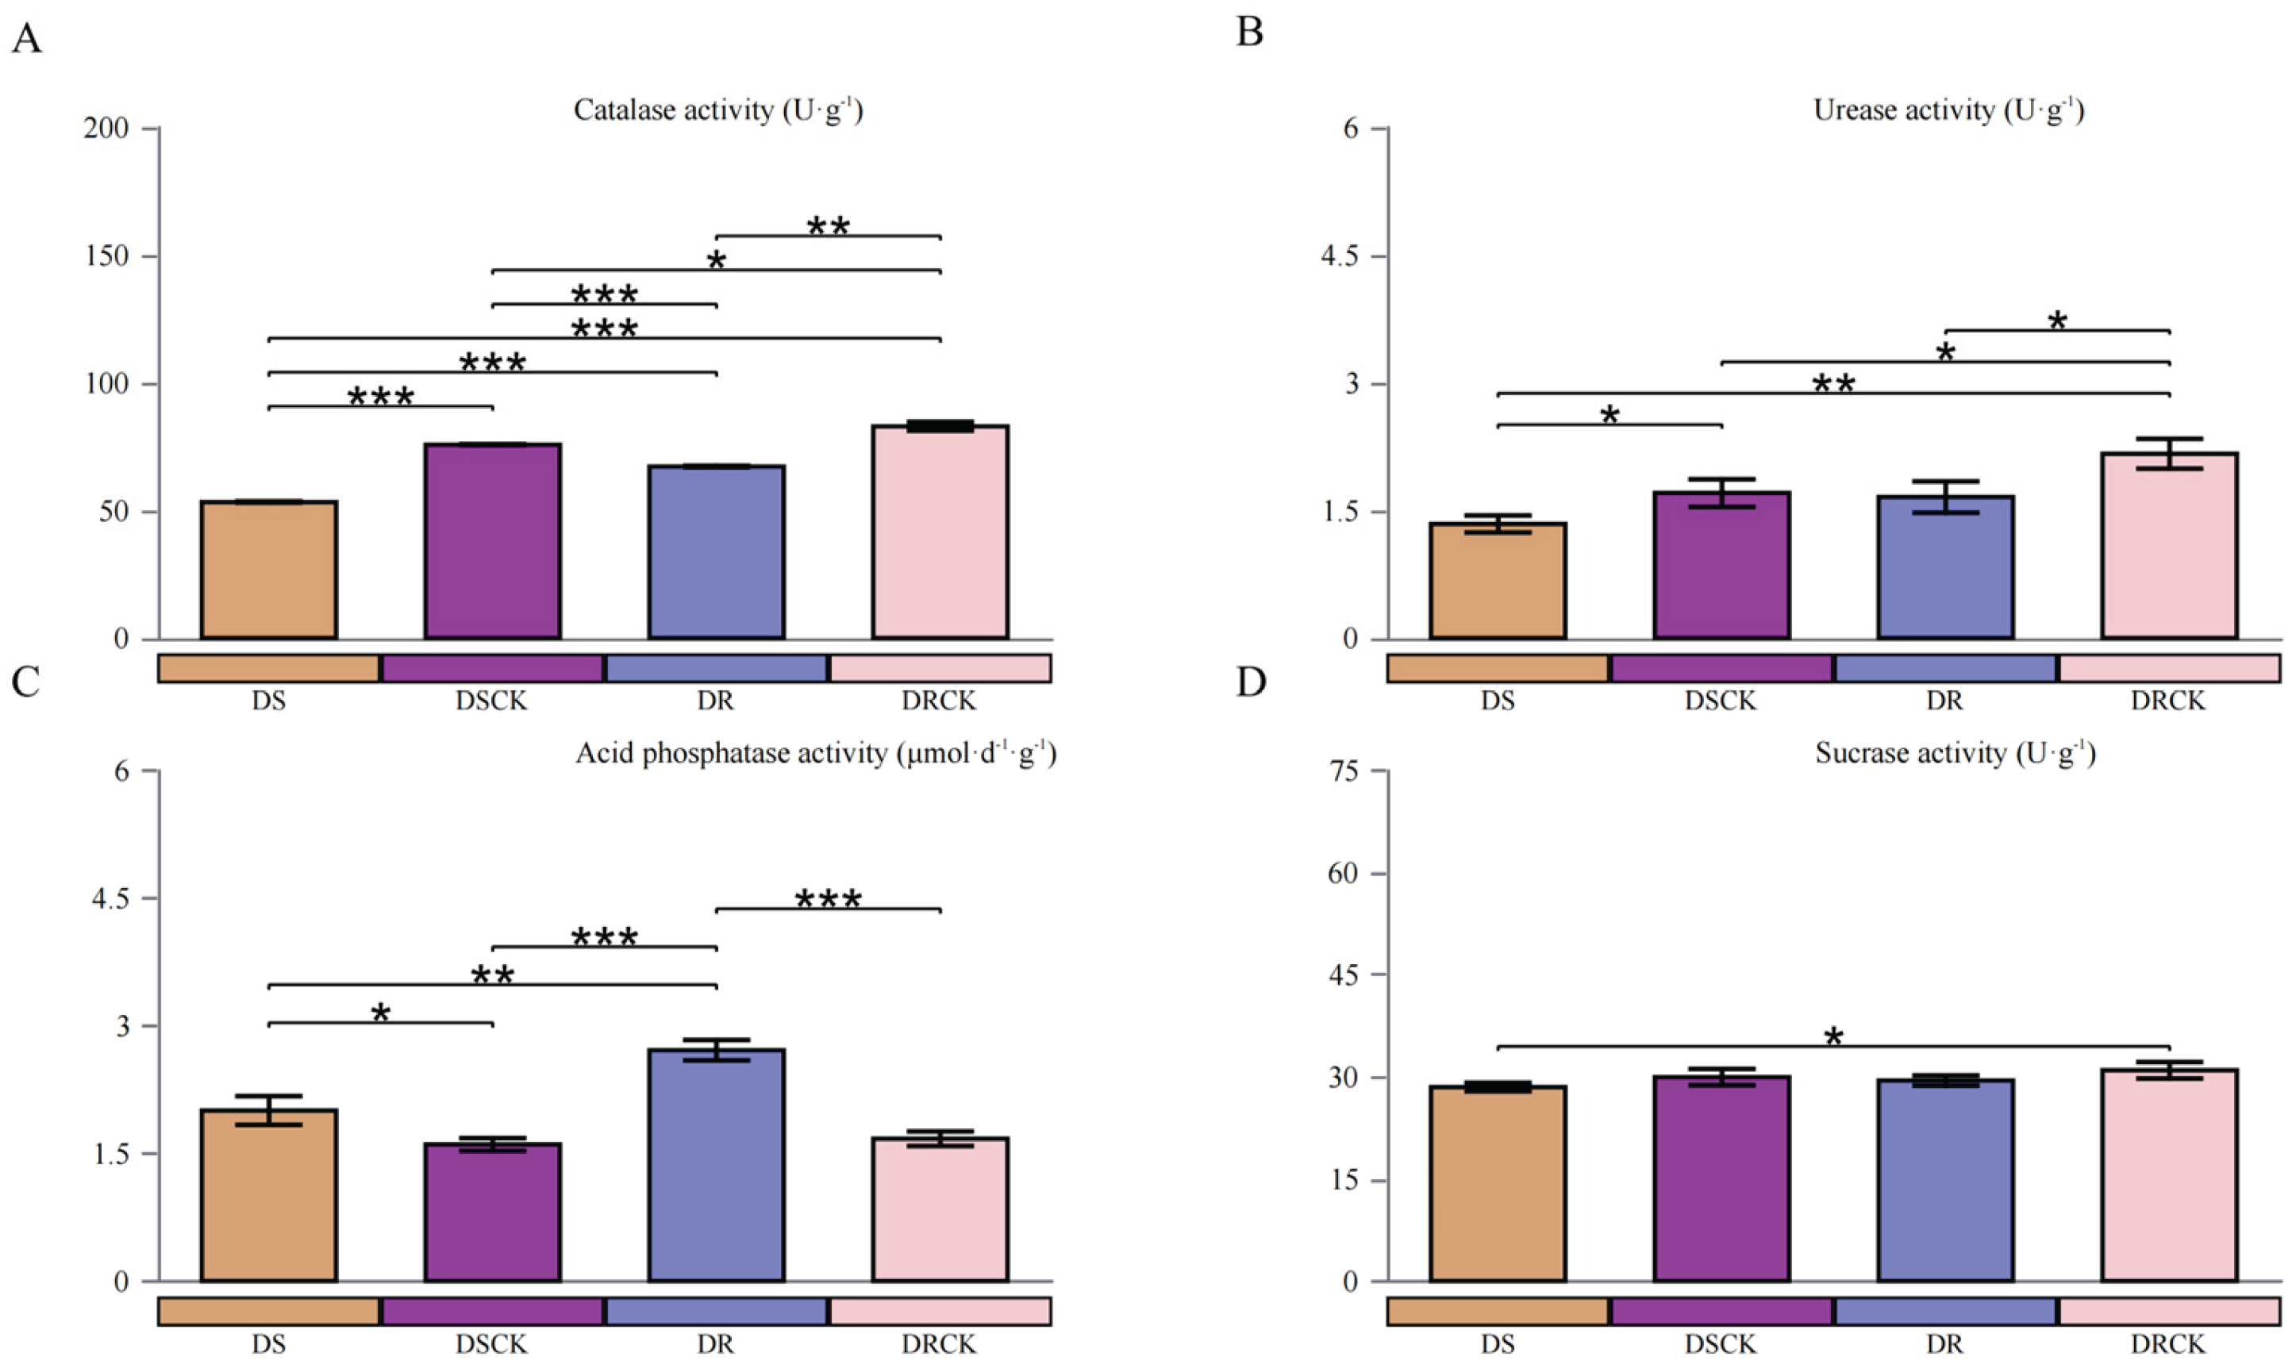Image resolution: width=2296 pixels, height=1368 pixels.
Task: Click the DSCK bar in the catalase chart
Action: pos(492,541)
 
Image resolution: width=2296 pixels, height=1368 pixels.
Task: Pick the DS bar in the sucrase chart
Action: pos(1498,1184)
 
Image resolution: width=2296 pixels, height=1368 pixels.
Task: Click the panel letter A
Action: pos(27,40)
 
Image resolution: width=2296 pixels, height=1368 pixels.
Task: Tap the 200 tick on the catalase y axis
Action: pos(106,128)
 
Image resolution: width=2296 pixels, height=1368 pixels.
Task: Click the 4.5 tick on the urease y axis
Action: pos(1338,256)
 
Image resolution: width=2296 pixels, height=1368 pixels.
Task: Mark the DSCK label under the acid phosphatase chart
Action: pos(491,1344)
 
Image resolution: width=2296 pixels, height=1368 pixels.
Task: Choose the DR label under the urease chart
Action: pos(1945,701)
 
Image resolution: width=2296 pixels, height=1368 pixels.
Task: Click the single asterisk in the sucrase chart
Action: pos(1833,1037)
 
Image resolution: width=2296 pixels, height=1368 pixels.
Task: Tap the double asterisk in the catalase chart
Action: pos(828,226)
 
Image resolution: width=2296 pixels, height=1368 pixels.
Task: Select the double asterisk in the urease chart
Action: pos(1833,383)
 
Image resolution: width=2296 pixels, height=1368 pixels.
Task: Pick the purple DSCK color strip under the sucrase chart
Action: pos(1721,1311)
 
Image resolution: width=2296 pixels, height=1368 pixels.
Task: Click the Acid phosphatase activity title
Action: pos(815,753)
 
